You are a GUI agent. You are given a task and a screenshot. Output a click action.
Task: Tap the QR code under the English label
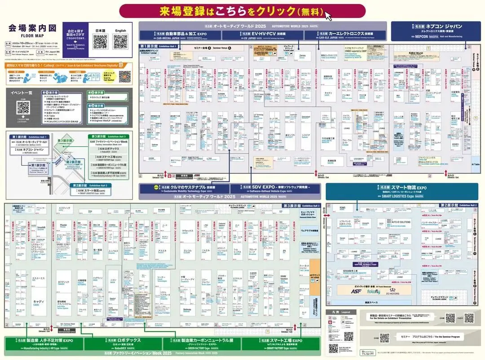coord(120,42)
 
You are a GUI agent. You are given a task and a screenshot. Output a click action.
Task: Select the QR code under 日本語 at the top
coord(100,42)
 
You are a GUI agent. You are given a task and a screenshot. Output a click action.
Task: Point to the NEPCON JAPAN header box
coord(432,30)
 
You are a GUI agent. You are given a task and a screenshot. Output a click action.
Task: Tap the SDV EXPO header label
coord(275,189)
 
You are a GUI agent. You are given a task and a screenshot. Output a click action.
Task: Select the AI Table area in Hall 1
coord(476,164)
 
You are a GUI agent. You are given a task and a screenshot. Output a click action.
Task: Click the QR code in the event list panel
coord(23,107)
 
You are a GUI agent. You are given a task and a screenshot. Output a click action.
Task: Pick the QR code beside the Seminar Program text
coord(384,338)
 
